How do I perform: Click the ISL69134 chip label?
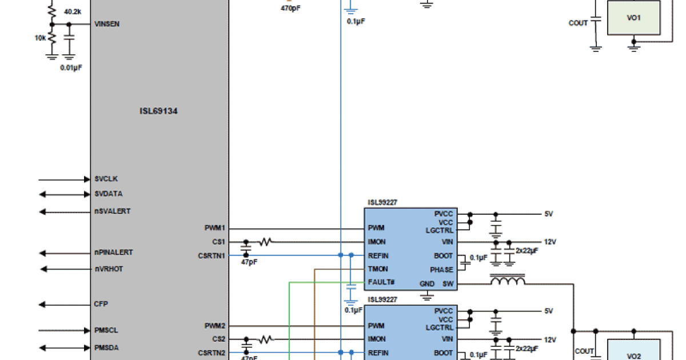pos(158,111)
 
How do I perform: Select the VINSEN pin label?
pos(107,24)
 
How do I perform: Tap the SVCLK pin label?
pos(106,179)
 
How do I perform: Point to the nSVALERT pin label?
pos(113,211)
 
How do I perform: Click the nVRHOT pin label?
pos(109,269)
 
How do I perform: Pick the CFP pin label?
pos(101,304)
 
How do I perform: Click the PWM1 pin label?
pos(215,227)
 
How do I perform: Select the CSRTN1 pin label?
pos(212,255)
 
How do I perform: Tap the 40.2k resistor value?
pos(72,11)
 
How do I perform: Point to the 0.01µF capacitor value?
pos(71,67)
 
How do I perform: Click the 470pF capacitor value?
pos(291,9)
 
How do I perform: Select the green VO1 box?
pos(633,18)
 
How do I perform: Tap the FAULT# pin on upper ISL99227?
pos(381,282)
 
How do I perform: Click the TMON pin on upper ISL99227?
pos(378,269)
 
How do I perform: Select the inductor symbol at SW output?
pos(508,281)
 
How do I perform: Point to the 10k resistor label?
pos(40,38)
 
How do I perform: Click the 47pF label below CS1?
pos(249,263)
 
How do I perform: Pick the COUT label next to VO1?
pos(578,23)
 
